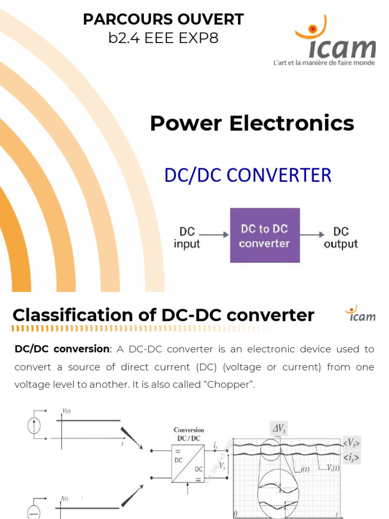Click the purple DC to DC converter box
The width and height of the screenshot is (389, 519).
pyautogui.click(x=264, y=235)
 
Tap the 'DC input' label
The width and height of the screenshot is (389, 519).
pyautogui.click(x=187, y=238)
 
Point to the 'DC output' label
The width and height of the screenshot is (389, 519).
pyautogui.click(x=341, y=238)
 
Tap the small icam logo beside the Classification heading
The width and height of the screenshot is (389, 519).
pyautogui.click(x=362, y=314)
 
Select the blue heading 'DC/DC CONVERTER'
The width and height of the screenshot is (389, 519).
pyautogui.click(x=248, y=175)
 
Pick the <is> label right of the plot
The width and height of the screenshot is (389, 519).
pyautogui.click(x=351, y=458)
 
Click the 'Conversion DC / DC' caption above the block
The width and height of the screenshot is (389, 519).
pyautogui.click(x=189, y=434)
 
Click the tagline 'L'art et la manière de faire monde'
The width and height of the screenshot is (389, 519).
pyautogui.click(x=324, y=63)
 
